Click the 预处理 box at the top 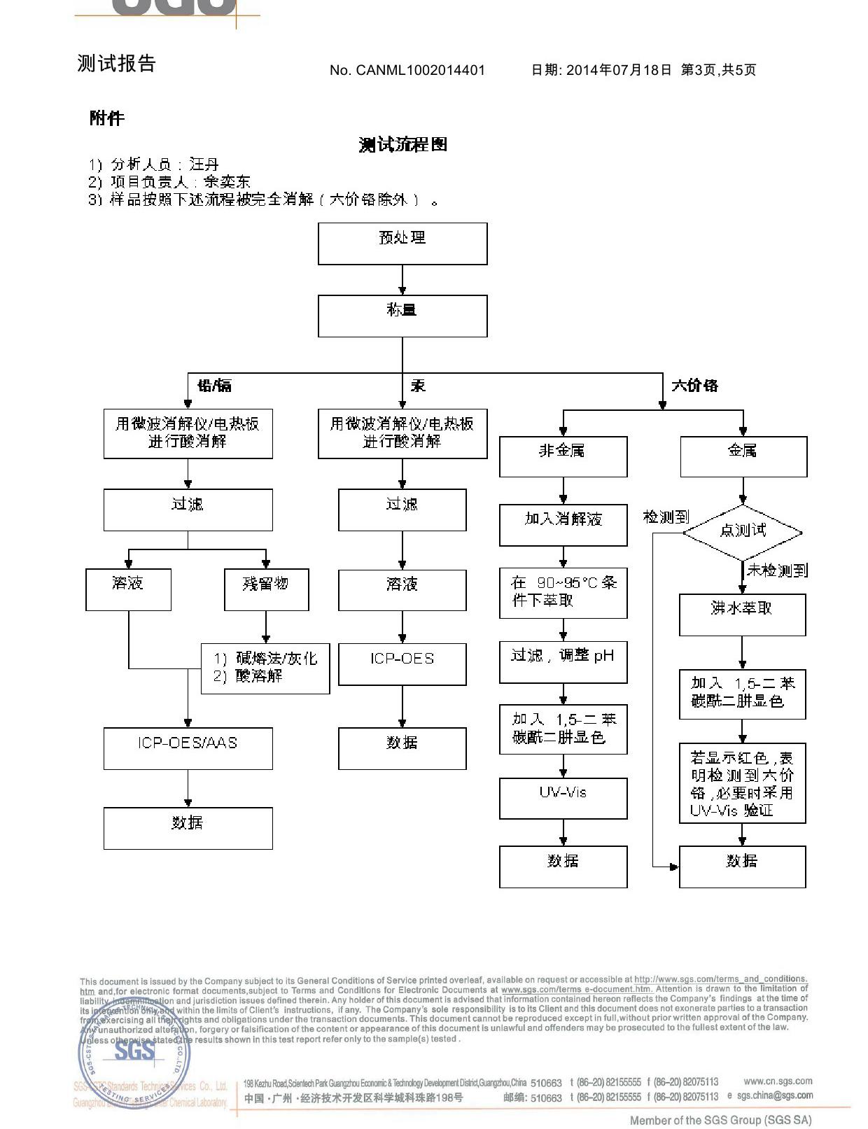[402, 244]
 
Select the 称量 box [402, 316]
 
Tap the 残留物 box [266, 589]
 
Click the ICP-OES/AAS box [188, 748]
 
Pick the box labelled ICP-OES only [402, 664]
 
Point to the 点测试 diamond [743, 532]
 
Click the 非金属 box [563, 456]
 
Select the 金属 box [743, 456]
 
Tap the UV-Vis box [563, 798]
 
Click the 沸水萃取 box [742, 615]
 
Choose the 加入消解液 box [563, 525]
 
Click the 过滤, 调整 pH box [563, 661]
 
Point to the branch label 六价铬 [694, 386]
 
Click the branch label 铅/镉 [214, 386]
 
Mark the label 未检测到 [777, 570]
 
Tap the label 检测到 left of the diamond [666, 517]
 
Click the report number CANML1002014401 [420, 70]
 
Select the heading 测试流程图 [402, 145]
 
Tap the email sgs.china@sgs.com [774, 1095]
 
